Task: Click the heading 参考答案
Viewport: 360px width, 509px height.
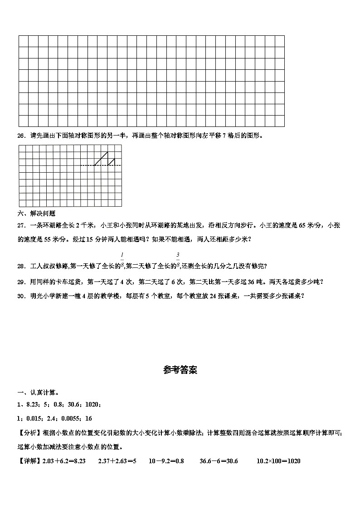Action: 180,370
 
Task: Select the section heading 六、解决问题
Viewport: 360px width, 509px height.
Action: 36,213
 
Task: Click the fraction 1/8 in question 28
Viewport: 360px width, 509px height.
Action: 122,261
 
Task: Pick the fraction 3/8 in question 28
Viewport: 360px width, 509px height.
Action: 178,261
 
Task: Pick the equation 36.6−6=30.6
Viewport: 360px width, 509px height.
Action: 219,461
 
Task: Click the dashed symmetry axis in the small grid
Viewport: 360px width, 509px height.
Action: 101,165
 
